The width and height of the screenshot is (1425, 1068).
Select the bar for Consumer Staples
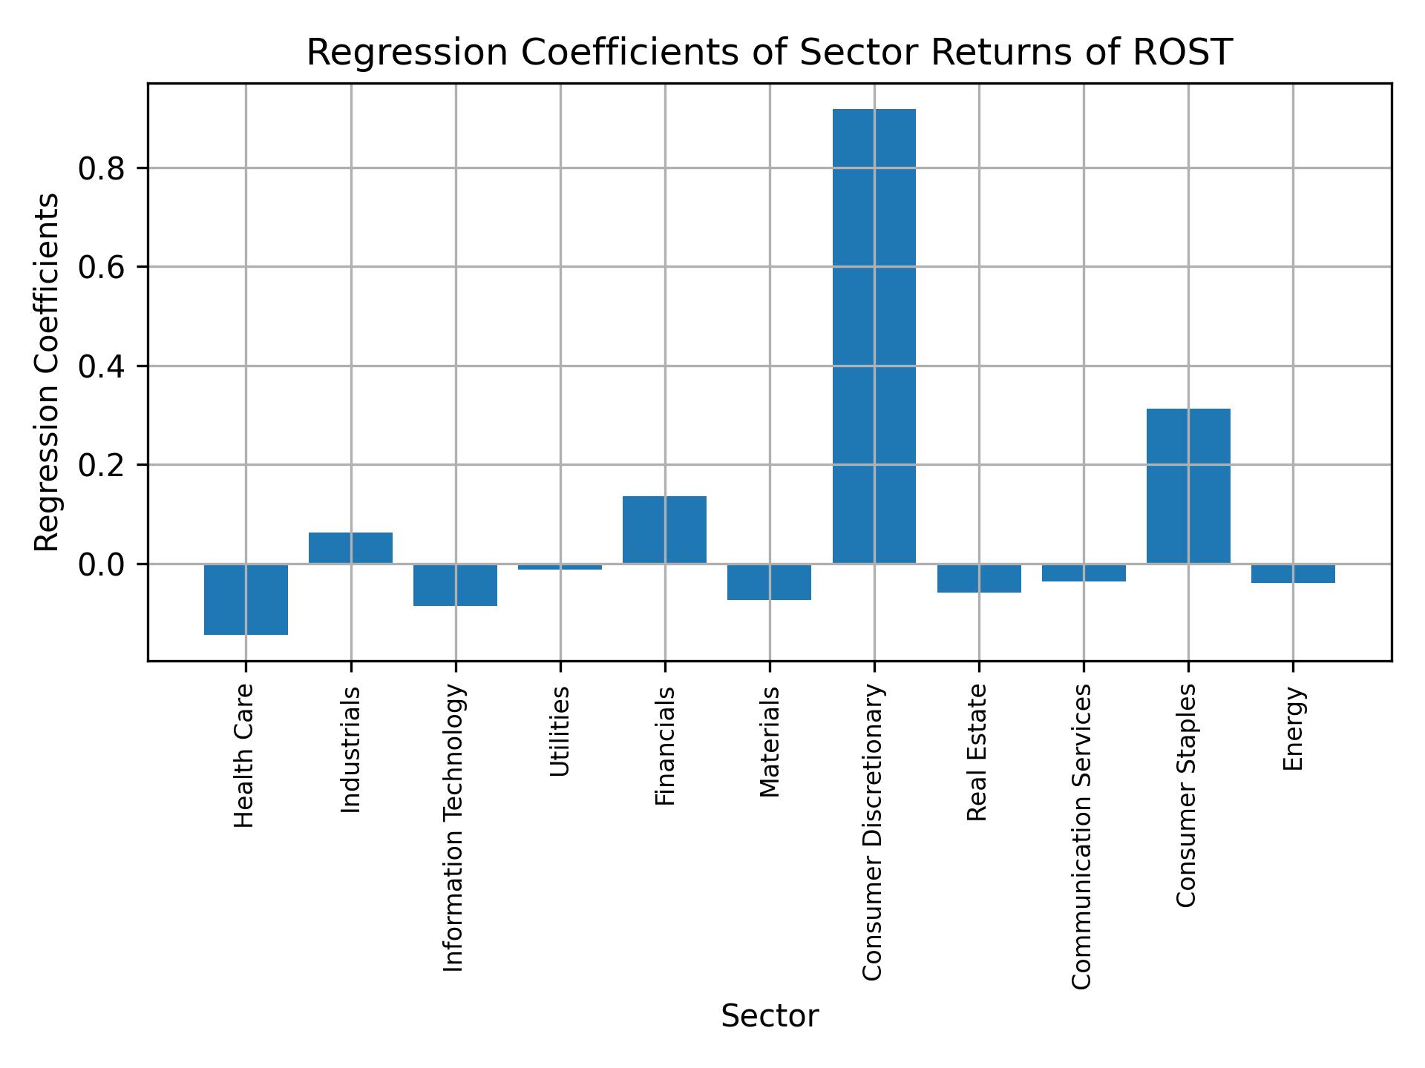[x=1188, y=486]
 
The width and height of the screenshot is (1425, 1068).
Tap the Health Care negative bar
[x=246, y=599]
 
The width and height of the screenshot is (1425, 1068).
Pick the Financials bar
[x=664, y=530]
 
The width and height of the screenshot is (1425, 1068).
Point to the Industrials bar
[x=350, y=548]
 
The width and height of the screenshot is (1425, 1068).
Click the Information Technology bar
[x=455, y=585]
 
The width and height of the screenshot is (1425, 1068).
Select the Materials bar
[x=769, y=582]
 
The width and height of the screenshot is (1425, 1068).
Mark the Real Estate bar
[x=979, y=578]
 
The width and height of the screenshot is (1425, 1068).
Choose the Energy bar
[x=1293, y=573]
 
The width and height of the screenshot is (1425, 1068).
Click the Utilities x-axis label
[x=560, y=731]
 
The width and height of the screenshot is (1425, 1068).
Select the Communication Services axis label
[x=1083, y=836]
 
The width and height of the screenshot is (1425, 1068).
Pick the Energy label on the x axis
[x=1293, y=728]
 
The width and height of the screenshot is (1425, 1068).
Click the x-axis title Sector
[x=770, y=1016]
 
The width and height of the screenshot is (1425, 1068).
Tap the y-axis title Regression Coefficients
[x=47, y=372]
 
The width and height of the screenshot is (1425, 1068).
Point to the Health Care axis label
[x=245, y=756]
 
